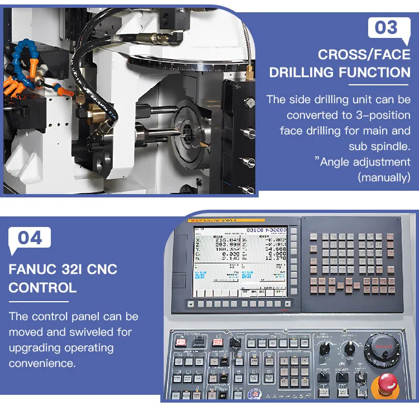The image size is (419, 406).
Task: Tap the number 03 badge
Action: [x=386, y=27]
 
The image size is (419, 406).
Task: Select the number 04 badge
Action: [x=30, y=238]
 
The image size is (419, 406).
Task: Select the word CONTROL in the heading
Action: [x=42, y=288]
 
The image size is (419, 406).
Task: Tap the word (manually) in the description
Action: [x=384, y=177]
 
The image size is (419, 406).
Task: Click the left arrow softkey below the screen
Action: [x=192, y=304]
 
